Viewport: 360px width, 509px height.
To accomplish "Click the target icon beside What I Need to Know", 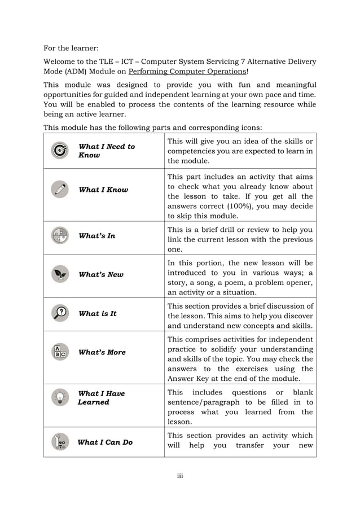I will coord(59,151).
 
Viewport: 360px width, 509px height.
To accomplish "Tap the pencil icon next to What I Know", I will coord(59,190).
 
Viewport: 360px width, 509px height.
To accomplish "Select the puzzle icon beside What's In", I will coord(59,235).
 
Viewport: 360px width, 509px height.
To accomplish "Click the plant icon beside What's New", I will coord(59,274).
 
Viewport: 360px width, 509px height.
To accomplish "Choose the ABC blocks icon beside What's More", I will coord(59,352).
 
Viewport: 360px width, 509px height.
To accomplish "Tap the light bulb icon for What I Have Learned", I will coord(59,397).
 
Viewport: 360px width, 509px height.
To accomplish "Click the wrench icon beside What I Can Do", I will coord(59,442).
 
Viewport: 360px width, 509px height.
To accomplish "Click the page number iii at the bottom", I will coord(180,476).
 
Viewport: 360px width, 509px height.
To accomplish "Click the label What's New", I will coord(101,274).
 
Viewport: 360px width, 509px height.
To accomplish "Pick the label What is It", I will coord(98,313).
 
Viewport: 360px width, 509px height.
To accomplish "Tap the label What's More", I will coord(102,352).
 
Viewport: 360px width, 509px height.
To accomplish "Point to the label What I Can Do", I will coord(105,442).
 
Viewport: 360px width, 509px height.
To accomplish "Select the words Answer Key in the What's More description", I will coord(190,379).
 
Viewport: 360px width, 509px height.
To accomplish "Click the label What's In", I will coord(97,235).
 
